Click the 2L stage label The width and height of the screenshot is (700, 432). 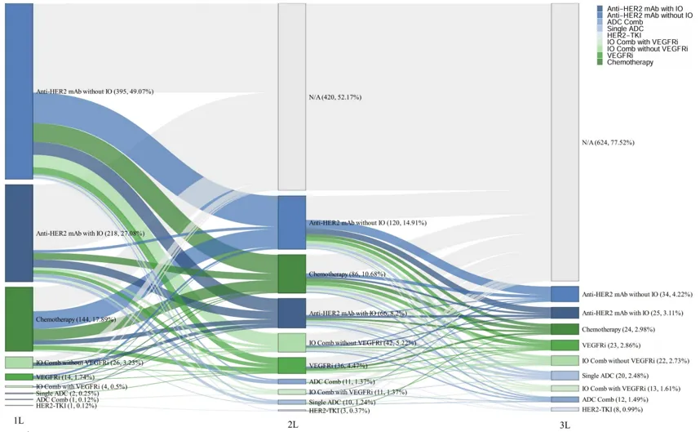coord(292,425)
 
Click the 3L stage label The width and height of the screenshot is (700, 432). coord(565,425)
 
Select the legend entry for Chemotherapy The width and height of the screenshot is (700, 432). coord(630,62)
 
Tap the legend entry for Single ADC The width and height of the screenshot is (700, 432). coord(626,29)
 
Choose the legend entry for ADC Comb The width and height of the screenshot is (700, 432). coord(625,22)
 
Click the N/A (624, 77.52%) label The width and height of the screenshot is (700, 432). coord(608,142)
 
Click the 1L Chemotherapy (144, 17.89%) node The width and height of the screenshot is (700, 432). coord(19,318)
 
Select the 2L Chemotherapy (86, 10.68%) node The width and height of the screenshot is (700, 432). coord(292,274)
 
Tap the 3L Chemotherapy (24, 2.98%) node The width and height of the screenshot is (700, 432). coord(565,329)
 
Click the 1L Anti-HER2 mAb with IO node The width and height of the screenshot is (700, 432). coord(19,233)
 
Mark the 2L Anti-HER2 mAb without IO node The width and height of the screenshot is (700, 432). coord(292,222)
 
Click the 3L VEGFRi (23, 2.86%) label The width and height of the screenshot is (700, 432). coord(610,345)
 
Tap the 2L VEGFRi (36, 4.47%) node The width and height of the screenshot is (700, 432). coord(292,365)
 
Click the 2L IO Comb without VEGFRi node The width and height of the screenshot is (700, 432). coord(292,342)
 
